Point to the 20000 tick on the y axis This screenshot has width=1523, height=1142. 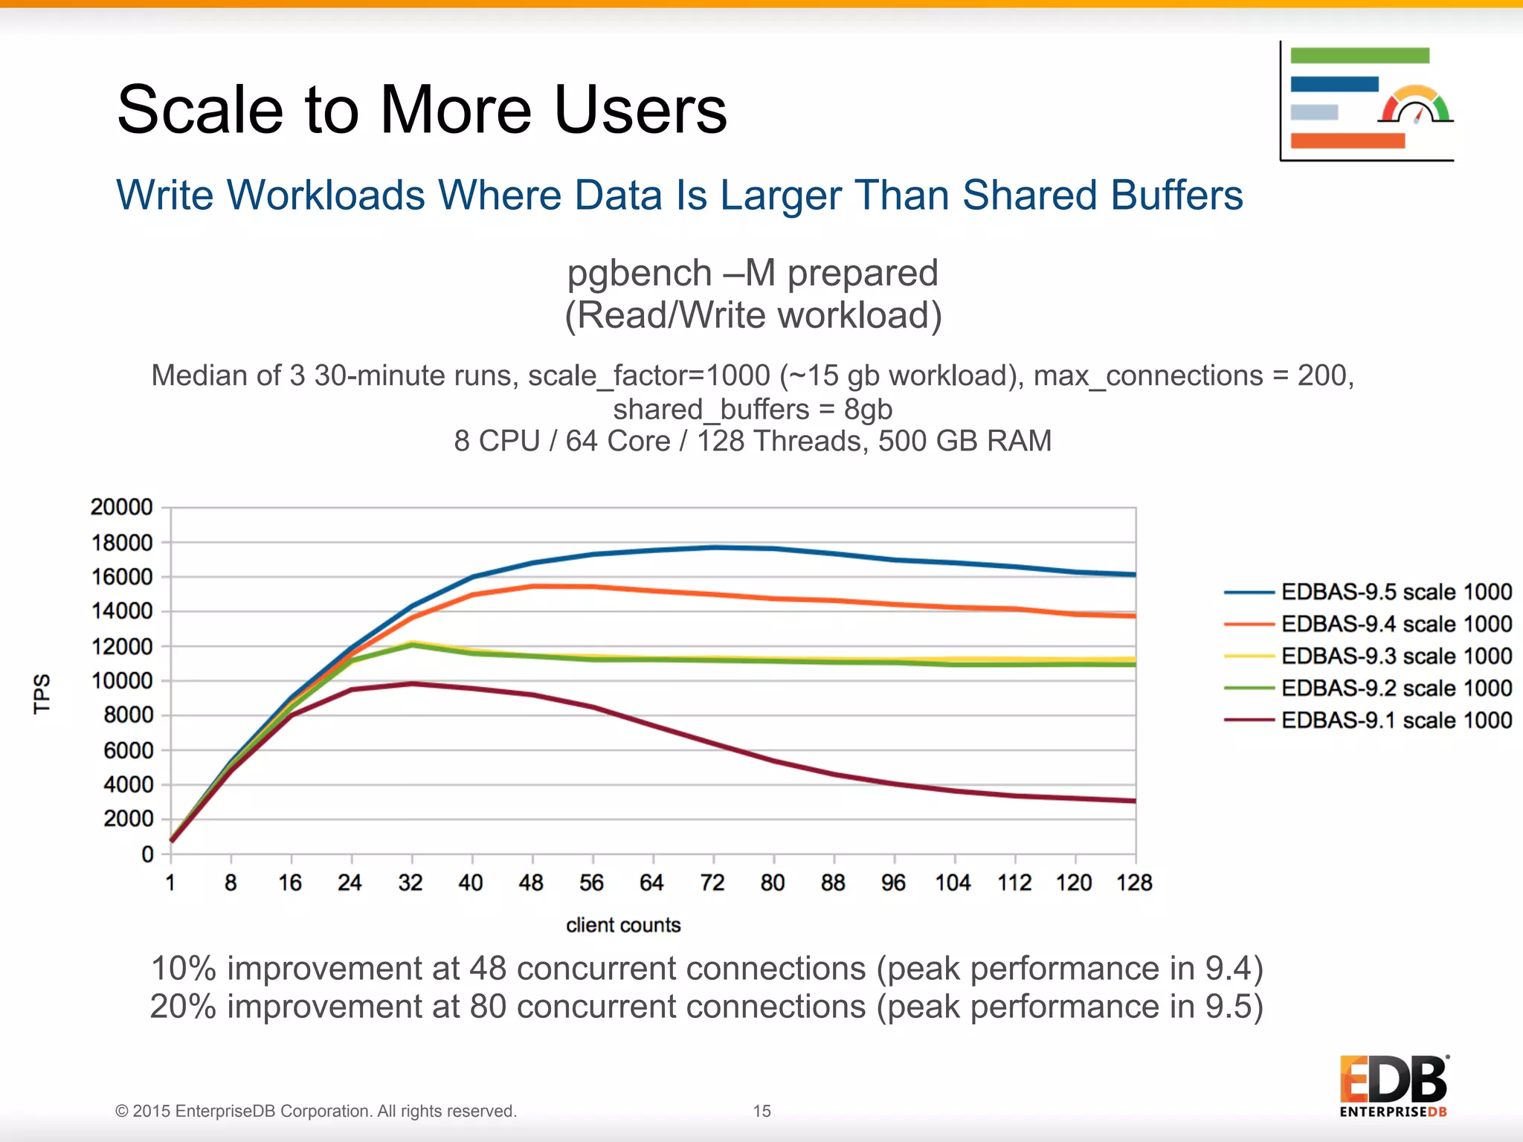click(121, 507)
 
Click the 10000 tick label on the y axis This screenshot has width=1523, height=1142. click(121, 680)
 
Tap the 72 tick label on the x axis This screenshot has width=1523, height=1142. click(712, 883)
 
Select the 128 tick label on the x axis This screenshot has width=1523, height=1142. click(1134, 883)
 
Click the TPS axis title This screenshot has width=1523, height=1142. click(42, 694)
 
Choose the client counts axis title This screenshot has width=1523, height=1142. click(623, 925)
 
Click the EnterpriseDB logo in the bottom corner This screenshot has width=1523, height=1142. click(1394, 1085)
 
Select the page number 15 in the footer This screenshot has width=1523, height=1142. click(761, 1111)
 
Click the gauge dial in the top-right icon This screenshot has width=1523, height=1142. click(1416, 106)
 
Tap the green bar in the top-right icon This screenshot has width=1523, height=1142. click(1359, 56)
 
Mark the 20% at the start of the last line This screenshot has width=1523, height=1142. click(183, 1007)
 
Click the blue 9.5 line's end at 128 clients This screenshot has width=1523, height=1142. click(1134, 574)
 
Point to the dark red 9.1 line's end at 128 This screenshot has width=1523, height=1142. click(1134, 801)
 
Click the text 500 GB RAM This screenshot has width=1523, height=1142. click(965, 441)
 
